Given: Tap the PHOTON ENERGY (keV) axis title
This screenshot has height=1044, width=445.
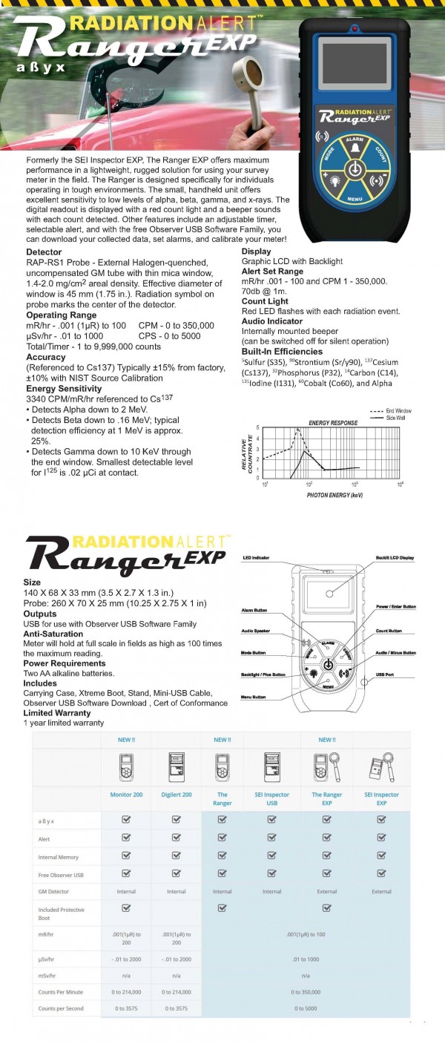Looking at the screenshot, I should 334,493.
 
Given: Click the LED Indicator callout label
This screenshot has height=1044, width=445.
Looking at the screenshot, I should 256,557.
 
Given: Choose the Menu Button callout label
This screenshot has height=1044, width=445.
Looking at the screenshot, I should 254,697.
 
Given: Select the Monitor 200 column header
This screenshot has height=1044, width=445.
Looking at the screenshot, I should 126,794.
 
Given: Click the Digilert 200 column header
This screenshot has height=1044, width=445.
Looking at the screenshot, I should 176,794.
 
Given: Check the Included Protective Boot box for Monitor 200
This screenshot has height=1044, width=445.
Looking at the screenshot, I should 126,907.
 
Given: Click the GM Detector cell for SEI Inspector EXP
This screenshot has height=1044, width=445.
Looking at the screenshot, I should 381,891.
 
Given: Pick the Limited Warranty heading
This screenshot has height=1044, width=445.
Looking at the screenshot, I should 57,713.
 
